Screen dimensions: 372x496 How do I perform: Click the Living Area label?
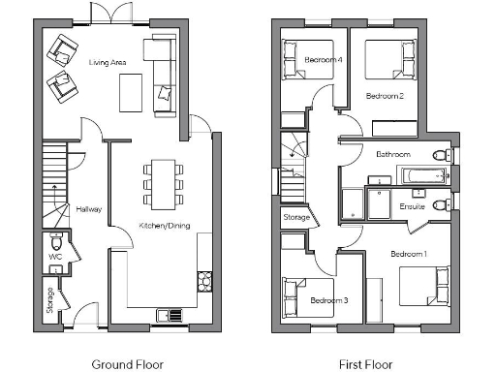coord(108,62)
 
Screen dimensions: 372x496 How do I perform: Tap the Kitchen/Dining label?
coord(164,226)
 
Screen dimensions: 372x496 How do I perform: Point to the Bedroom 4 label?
coord(324,60)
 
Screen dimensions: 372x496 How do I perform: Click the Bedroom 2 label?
coord(385,96)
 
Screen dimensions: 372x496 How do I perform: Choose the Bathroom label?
coord(393,155)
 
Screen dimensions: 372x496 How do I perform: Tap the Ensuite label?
coord(413,205)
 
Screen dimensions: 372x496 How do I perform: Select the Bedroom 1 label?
coord(409,254)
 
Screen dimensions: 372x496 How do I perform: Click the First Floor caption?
coord(365,364)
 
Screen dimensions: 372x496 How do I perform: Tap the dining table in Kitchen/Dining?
coord(162,181)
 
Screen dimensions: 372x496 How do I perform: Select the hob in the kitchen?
coord(204,281)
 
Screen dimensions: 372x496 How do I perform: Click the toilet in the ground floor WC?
coord(56,242)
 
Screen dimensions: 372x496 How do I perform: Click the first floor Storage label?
coord(296,218)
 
